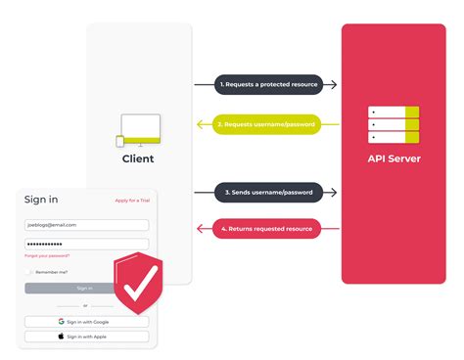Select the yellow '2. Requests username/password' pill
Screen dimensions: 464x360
pyautogui.click(x=267, y=125)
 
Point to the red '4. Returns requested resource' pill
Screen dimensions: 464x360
pyautogui.click(x=267, y=229)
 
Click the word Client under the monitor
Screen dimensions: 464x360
pyautogui.click(x=138, y=158)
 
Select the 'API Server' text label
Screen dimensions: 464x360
pyautogui.click(x=393, y=157)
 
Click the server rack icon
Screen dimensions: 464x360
pyautogui.click(x=393, y=125)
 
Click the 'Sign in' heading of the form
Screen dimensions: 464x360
pyautogui.click(x=40, y=200)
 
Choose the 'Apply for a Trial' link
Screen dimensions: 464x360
pyautogui.click(x=132, y=201)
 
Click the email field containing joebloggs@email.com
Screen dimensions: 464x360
pyautogui.click(x=86, y=224)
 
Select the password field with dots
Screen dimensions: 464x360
pyautogui.click(x=86, y=243)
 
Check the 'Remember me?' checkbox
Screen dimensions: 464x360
pyautogui.click(x=29, y=272)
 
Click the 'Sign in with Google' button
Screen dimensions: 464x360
pyautogui.click(x=87, y=321)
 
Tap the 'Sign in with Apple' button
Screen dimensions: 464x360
pyautogui.click(x=87, y=336)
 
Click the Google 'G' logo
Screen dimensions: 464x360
pyautogui.click(x=61, y=321)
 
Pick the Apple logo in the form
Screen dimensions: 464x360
pyautogui.click(x=62, y=336)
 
